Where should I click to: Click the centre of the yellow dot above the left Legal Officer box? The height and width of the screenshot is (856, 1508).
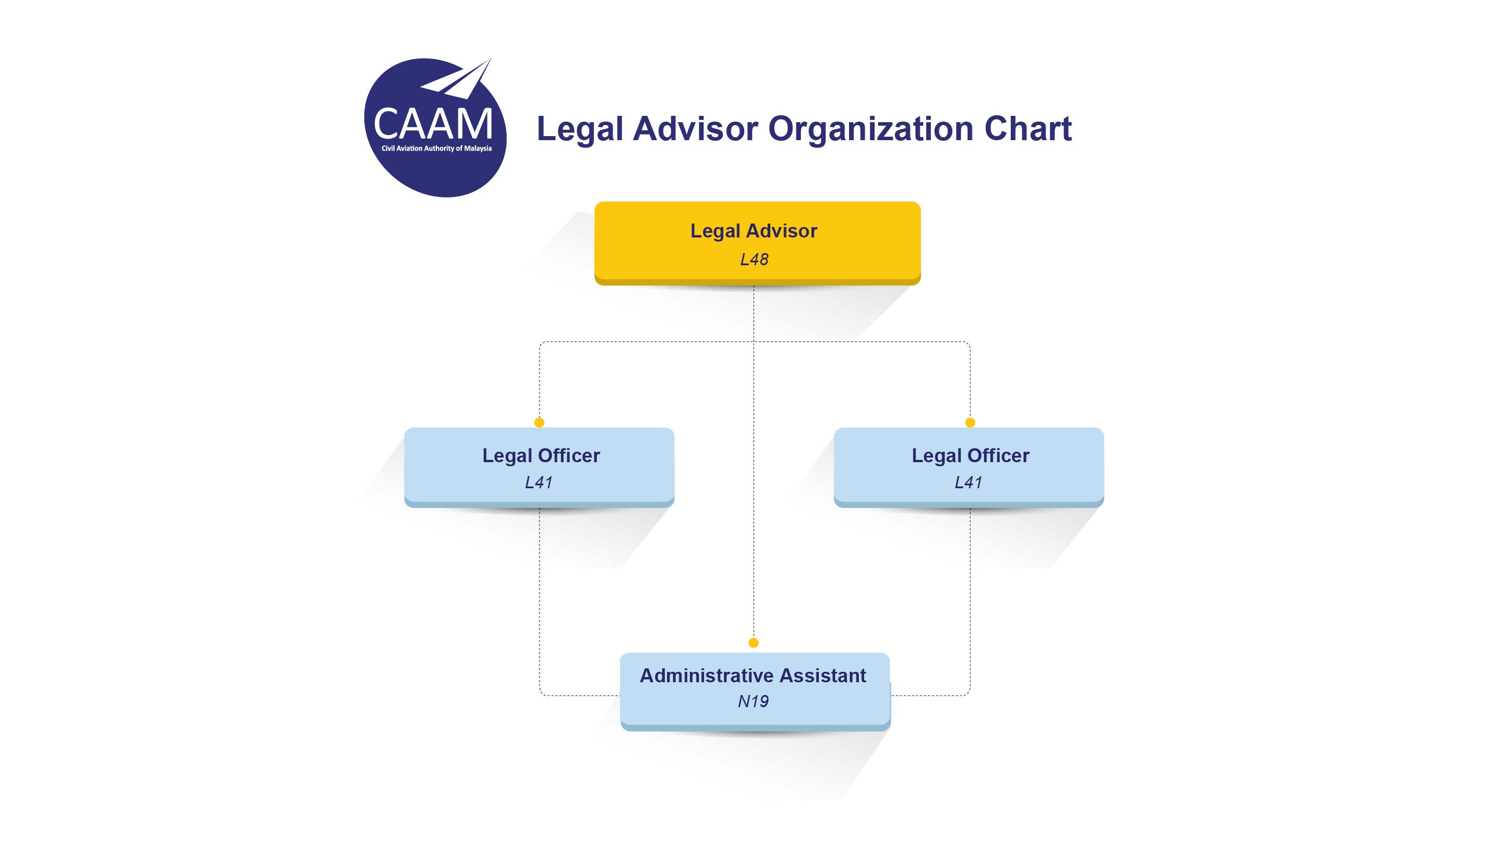click(x=539, y=422)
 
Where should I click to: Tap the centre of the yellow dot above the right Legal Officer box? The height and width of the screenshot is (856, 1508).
click(x=970, y=422)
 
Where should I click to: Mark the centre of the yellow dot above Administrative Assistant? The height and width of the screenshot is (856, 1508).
click(x=753, y=643)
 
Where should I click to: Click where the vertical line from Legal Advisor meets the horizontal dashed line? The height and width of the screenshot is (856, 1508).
click(x=753, y=342)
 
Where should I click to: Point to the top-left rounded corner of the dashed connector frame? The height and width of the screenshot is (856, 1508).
click(x=541, y=343)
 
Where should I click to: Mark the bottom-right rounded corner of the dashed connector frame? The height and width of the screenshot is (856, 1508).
click(x=968, y=694)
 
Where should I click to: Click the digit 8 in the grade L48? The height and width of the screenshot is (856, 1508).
click(x=762, y=259)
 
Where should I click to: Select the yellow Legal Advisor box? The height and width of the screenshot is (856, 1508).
click(x=757, y=243)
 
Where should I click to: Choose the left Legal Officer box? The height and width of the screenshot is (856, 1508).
click(x=539, y=467)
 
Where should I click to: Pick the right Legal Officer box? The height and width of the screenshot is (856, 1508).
click(x=968, y=467)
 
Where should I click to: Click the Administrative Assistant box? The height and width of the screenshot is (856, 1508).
click(x=755, y=692)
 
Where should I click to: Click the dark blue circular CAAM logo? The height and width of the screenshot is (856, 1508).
click(x=435, y=127)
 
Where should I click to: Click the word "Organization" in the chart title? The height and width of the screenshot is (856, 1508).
click(x=870, y=129)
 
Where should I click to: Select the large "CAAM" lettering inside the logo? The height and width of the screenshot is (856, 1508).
click(x=433, y=124)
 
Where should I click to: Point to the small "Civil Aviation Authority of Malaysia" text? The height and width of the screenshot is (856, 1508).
click(x=436, y=148)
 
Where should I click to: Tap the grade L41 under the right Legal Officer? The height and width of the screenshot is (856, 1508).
click(x=968, y=482)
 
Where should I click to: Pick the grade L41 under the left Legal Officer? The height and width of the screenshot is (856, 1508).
click(x=538, y=482)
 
